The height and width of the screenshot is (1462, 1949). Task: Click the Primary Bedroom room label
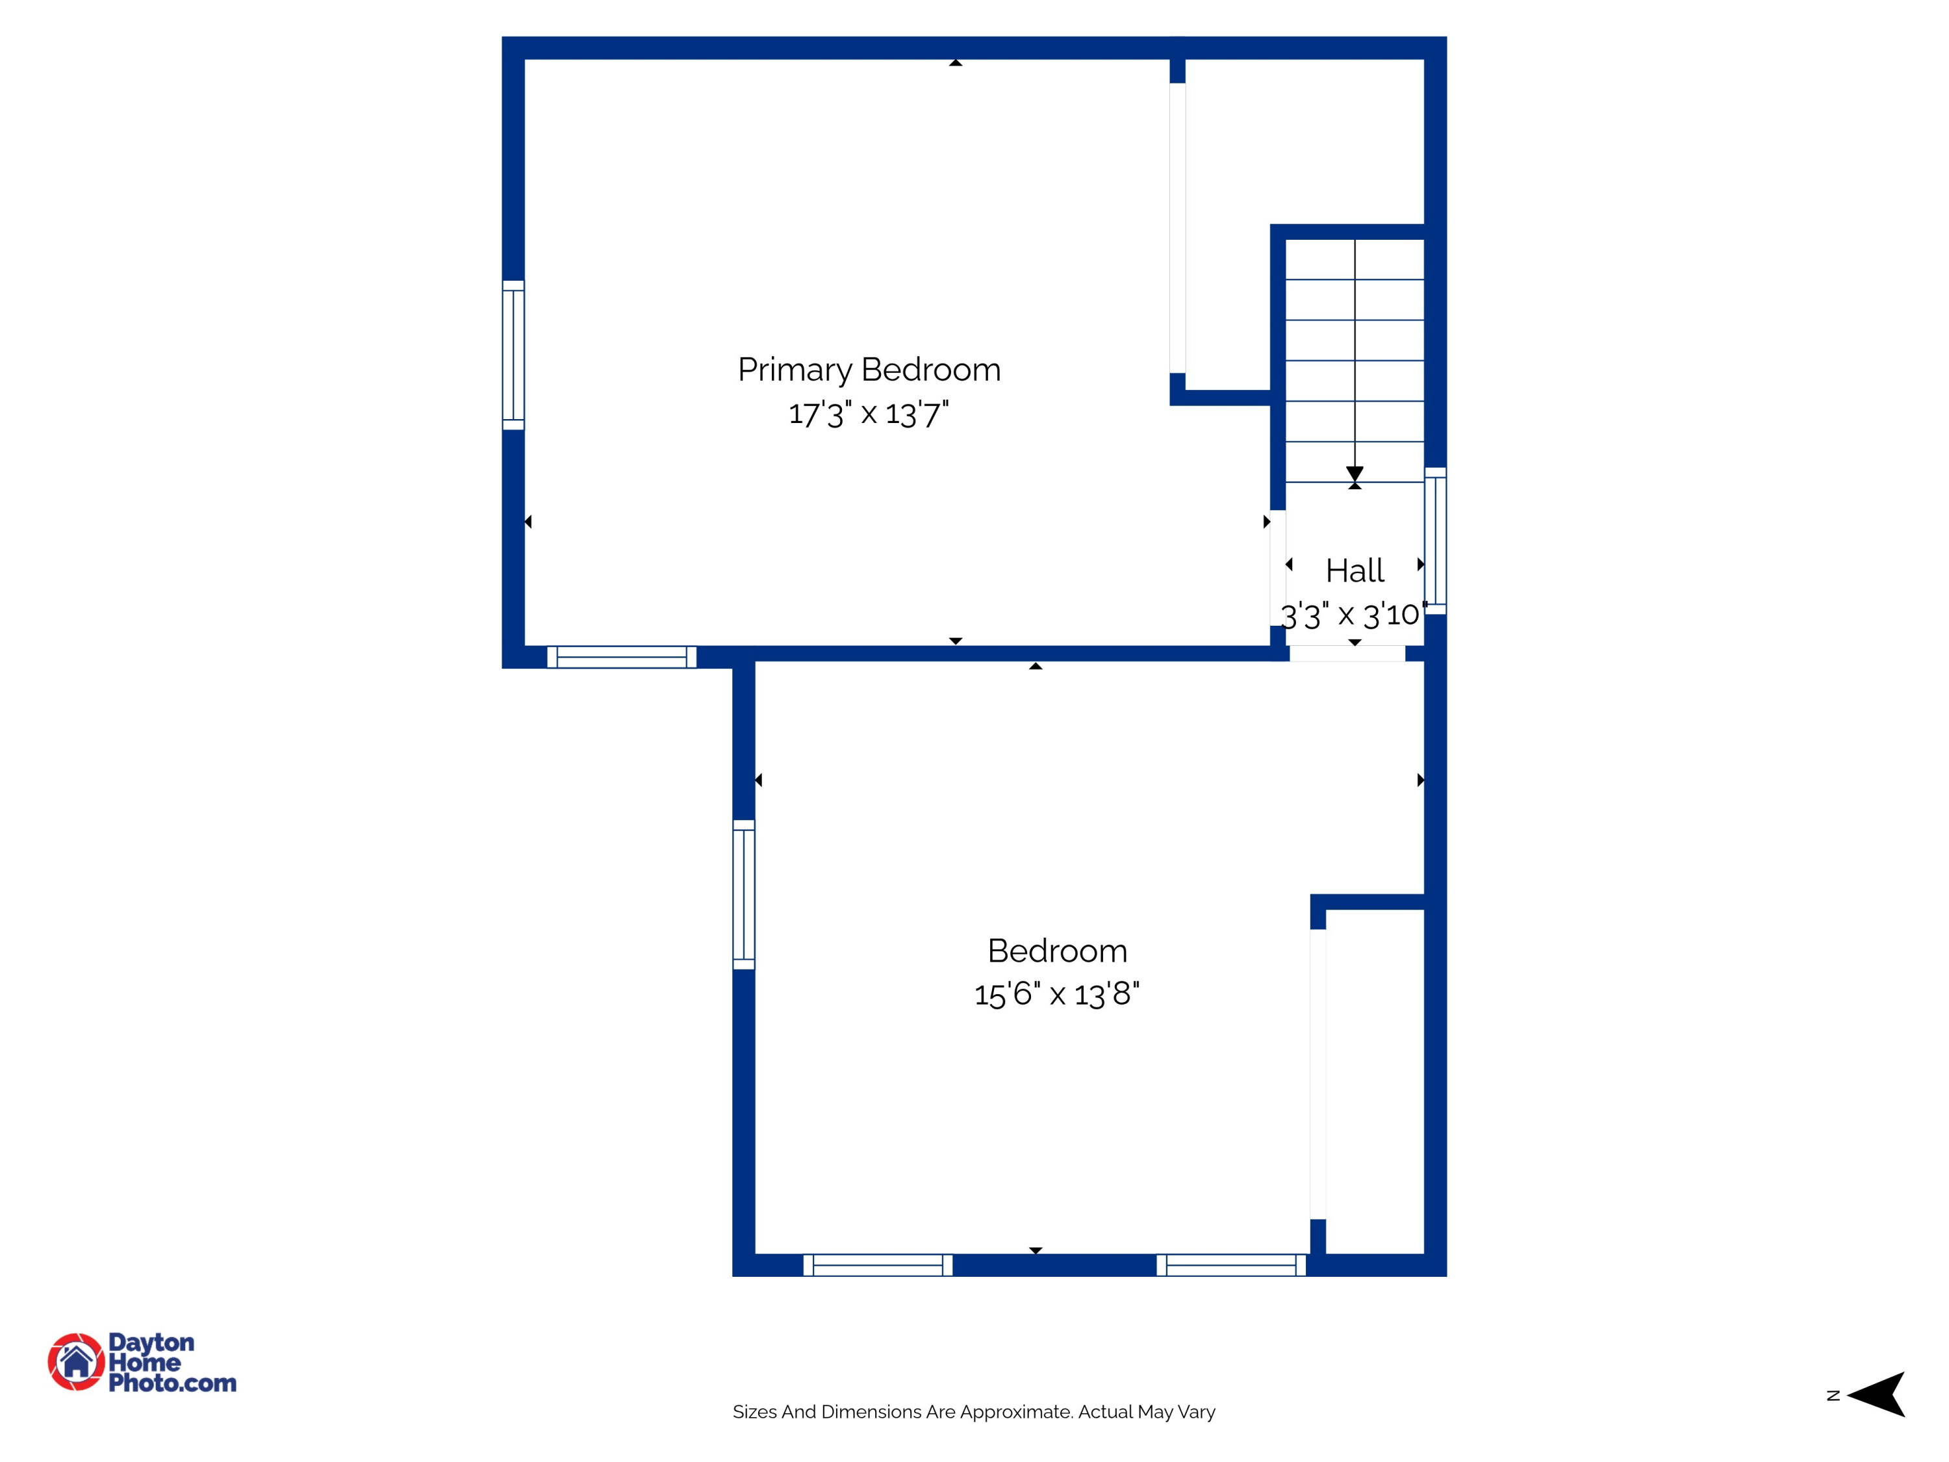[x=869, y=369]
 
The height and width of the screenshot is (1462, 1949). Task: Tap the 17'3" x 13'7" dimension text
[x=869, y=413]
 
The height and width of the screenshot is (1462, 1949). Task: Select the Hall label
[x=1355, y=571]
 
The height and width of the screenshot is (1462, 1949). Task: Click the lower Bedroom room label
[x=1057, y=951]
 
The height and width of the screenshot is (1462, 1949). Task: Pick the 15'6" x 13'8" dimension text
[x=1056, y=994]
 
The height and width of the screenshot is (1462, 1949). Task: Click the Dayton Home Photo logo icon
[x=77, y=1361]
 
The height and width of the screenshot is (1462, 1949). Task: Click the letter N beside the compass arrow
[x=1833, y=1396]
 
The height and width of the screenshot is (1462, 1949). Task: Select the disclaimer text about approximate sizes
[x=974, y=1412]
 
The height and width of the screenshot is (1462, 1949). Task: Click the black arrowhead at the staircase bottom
[x=1355, y=474]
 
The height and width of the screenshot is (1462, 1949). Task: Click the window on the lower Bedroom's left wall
[x=744, y=895]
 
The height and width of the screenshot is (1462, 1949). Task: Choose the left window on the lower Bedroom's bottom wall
[x=878, y=1266]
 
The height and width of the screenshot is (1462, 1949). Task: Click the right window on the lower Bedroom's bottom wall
[x=1231, y=1266]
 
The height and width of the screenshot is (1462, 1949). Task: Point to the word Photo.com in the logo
[x=173, y=1383]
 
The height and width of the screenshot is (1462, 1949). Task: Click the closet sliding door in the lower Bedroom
[x=1318, y=1073]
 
